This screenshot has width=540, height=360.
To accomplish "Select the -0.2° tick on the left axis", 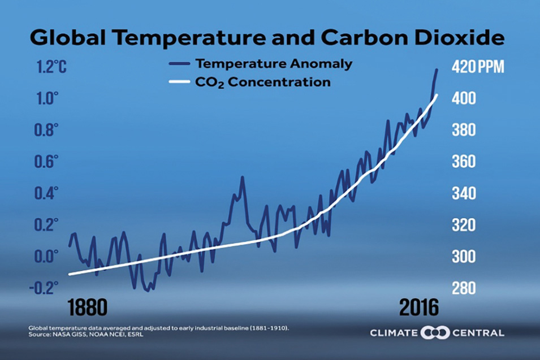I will (x=44, y=288).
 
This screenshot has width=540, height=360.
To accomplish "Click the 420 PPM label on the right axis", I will (x=477, y=67).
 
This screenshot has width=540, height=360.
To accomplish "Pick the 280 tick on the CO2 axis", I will (x=464, y=289).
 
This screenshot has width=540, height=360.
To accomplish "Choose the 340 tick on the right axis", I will (x=464, y=194).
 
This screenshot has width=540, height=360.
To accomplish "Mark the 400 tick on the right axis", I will (x=464, y=99).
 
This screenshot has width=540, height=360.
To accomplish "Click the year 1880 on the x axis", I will (x=87, y=309).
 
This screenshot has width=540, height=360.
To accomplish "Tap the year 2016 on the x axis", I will (x=419, y=309).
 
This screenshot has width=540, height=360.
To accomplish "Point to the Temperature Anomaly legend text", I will (x=274, y=64).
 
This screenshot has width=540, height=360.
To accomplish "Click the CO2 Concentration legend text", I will (x=262, y=83).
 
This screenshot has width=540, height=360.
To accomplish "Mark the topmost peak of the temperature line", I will (x=437, y=69).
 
